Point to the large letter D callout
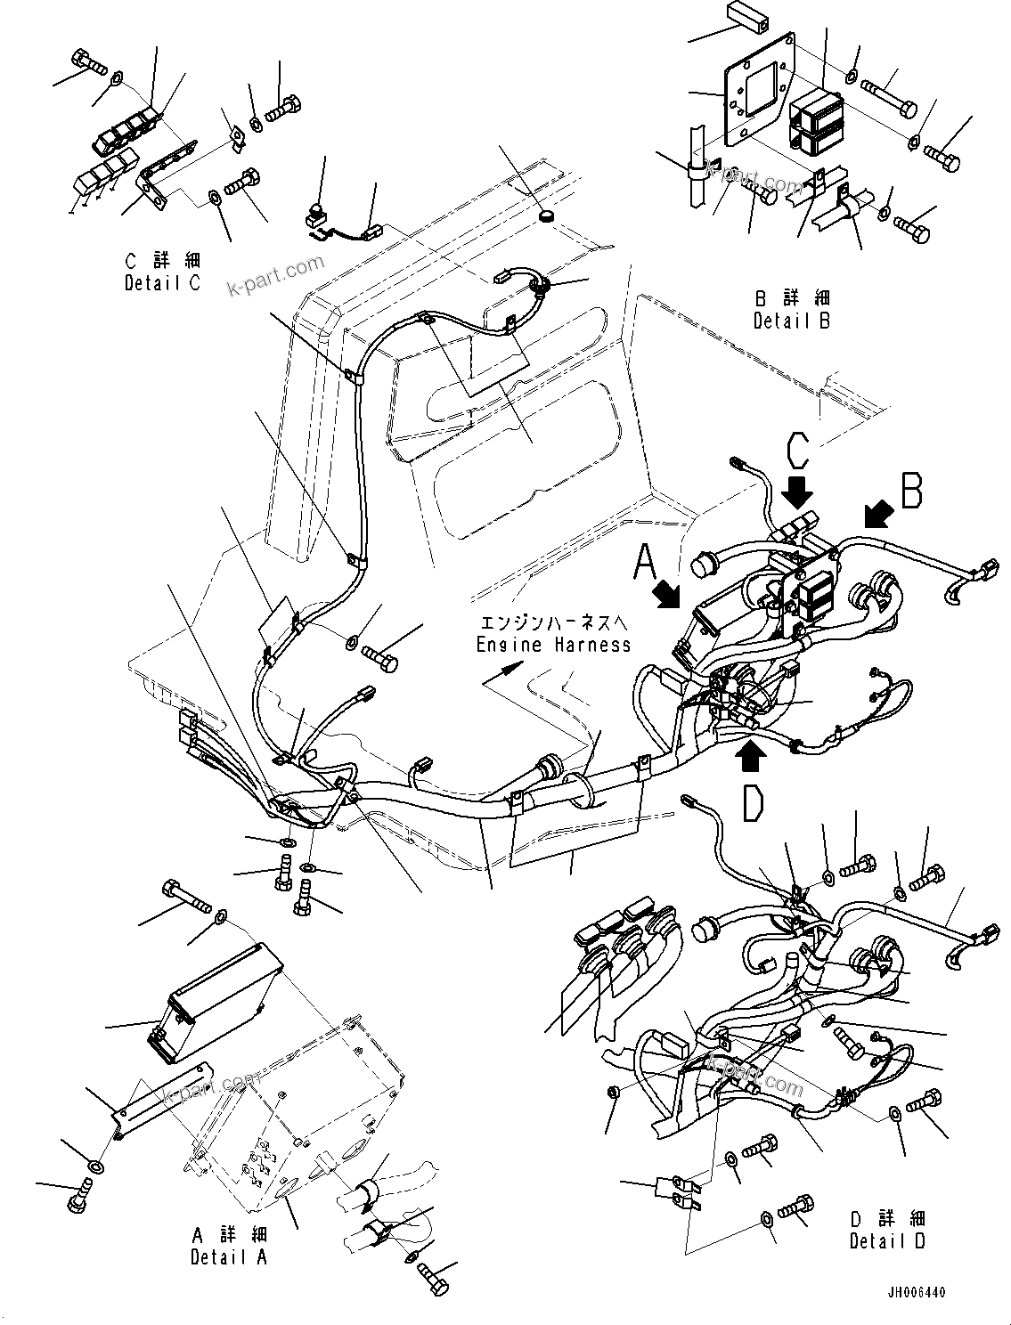(753, 802)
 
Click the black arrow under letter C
(799, 490)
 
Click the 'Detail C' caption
(163, 272)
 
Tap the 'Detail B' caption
(791, 310)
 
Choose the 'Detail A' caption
(229, 1246)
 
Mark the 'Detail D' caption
(887, 1230)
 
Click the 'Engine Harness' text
(553, 644)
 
